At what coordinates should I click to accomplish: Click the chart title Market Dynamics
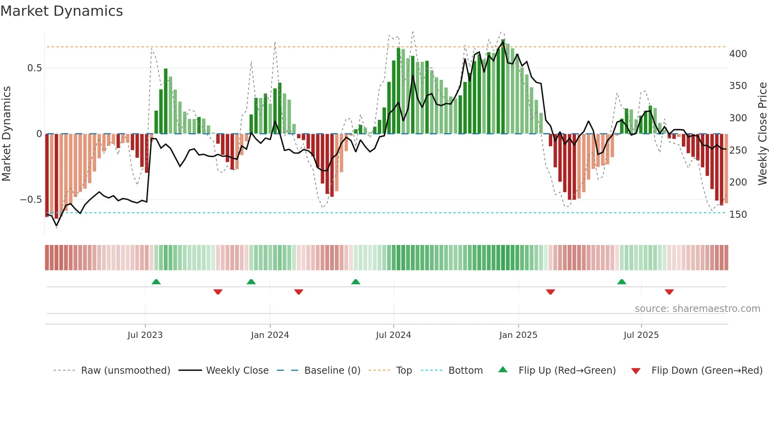point(61,11)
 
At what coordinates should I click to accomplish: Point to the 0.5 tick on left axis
point(34,68)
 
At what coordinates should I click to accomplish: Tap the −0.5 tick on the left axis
point(31,200)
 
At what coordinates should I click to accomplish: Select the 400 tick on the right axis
point(738,54)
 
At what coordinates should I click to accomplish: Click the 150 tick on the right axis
point(738,215)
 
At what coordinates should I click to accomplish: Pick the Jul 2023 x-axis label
point(145,335)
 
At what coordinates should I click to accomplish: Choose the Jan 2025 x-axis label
point(518,335)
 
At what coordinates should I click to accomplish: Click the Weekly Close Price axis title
point(763,134)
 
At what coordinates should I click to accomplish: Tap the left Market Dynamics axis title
point(6,134)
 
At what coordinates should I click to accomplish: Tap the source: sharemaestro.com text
point(697,309)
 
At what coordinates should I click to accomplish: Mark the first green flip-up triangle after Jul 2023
point(156,282)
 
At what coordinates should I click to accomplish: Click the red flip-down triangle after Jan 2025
point(550,292)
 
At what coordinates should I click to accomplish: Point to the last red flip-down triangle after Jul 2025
point(669,292)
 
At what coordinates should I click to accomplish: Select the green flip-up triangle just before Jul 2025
point(622,282)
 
